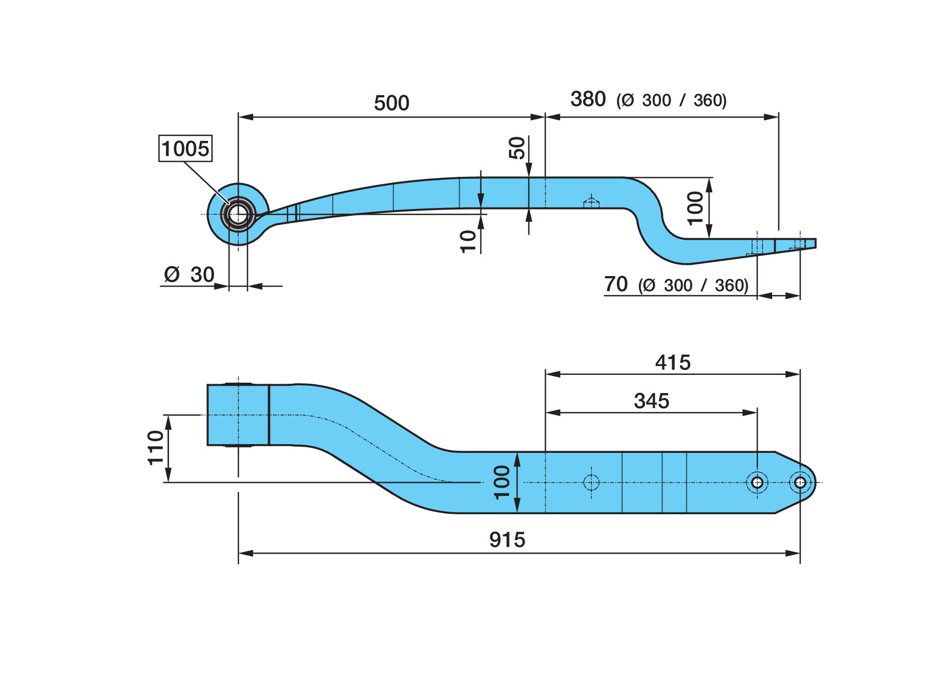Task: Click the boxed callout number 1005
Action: click(185, 149)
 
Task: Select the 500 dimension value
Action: click(392, 103)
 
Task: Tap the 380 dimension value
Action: click(588, 99)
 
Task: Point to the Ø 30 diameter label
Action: click(189, 274)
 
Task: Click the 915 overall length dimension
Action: click(507, 540)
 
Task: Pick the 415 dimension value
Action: click(673, 362)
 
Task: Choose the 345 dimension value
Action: click(652, 401)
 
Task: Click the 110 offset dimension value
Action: click(155, 448)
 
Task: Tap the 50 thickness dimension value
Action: click(517, 148)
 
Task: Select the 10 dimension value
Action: click(468, 242)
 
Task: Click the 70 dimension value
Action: click(616, 284)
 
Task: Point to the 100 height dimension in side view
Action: click(695, 208)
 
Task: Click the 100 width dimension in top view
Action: click(502, 483)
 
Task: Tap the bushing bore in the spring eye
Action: click(238, 214)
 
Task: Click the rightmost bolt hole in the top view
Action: click(800, 483)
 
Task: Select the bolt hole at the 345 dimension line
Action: click(757, 483)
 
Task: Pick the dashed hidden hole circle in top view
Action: click(591, 483)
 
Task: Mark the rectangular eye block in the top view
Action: click(238, 415)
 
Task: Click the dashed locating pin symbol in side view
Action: click(591, 202)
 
